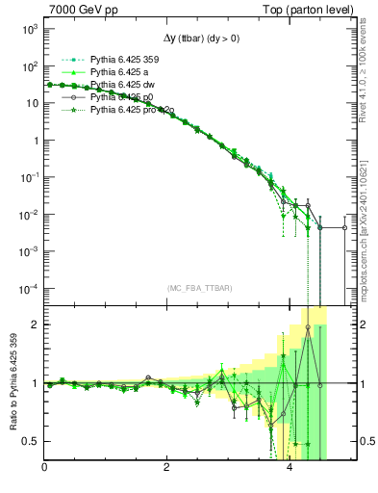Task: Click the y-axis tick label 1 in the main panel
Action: tap(35, 142)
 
